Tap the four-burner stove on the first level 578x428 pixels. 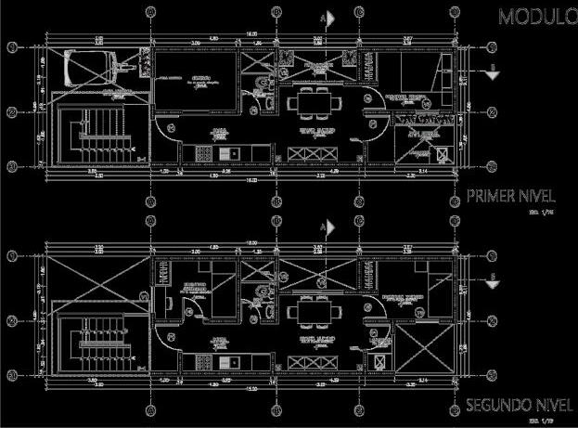click(x=202, y=152)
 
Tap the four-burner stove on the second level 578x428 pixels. click(x=202, y=360)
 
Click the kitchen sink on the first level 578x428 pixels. click(x=232, y=152)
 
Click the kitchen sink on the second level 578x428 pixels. click(x=232, y=360)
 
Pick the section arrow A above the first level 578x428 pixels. click(x=327, y=18)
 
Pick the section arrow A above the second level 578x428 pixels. click(x=327, y=226)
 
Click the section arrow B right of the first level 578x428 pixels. click(x=494, y=69)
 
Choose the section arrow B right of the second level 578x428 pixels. click(x=494, y=278)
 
